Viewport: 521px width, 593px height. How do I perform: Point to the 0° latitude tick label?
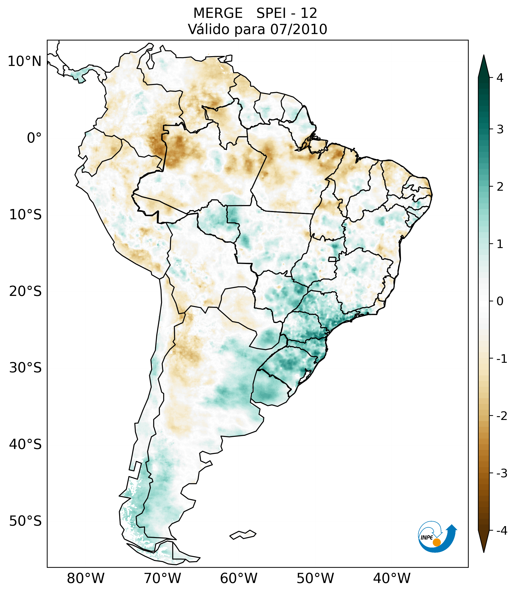pos(34,138)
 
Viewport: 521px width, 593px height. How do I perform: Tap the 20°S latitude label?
pos(25,291)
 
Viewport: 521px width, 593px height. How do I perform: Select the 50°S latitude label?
pos(25,521)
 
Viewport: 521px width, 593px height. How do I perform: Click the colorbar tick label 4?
pos(500,78)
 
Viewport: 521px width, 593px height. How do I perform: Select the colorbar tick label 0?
pos(500,301)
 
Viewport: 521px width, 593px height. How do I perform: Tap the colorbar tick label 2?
pos(500,187)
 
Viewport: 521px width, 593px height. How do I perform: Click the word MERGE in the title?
pos(218,13)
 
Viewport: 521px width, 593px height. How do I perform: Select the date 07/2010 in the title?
pos(298,29)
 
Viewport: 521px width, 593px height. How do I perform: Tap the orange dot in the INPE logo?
pos(436,542)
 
